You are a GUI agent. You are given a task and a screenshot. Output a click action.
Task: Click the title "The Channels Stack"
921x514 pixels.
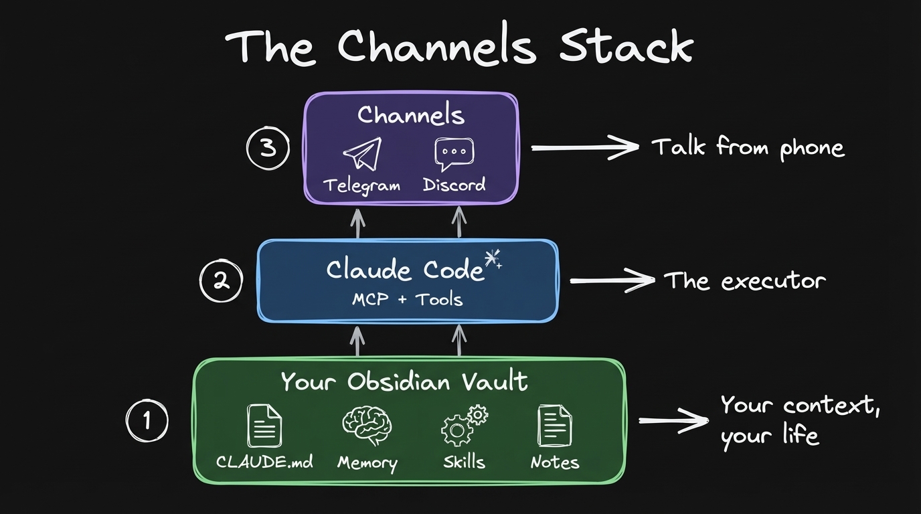coord(459,47)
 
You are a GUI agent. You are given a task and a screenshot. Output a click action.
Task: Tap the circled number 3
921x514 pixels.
coord(268,148)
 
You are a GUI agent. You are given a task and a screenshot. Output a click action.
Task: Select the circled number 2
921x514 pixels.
coord(221,281)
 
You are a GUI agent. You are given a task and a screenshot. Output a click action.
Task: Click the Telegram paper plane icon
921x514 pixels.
coord(362,155)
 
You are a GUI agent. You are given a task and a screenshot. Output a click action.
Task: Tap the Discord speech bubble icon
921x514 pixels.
coord(454,155)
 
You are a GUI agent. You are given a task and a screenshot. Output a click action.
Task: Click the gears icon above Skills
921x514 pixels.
coord(464,426)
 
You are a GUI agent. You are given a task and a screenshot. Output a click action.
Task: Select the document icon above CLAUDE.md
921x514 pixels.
coord(264,426)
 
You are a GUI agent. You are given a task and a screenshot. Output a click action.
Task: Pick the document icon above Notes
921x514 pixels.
coord(554,426)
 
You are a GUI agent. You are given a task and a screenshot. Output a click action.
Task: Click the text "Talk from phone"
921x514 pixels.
coord(748,147)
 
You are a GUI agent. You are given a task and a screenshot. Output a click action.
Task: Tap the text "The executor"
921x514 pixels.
coord(744,280)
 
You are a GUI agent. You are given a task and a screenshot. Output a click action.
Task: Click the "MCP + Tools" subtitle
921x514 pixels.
coord(407,298)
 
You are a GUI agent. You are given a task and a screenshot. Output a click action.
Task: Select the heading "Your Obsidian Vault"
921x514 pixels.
coord(404,381)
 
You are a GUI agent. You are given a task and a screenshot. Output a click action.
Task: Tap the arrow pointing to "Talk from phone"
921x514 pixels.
coord(584,148)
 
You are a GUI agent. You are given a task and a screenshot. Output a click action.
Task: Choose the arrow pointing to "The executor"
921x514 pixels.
coord(611,281)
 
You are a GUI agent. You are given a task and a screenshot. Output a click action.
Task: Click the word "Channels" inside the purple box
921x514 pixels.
coord(410,115)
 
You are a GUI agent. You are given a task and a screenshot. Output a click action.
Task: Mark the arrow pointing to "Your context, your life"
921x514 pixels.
coord(673,421)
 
